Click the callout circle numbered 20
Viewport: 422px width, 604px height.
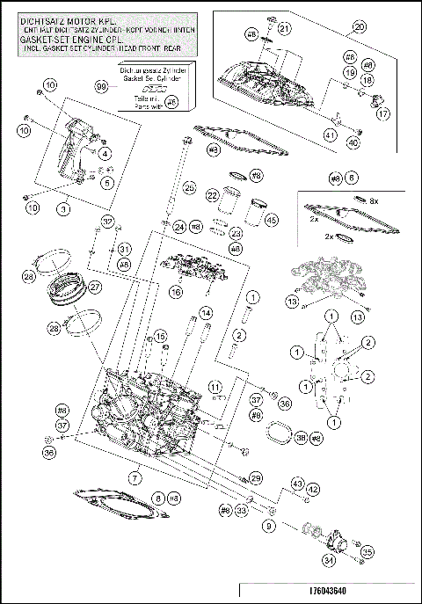point(358,27)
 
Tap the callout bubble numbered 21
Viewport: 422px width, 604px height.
point(284,30)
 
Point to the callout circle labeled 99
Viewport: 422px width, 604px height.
point(100,85)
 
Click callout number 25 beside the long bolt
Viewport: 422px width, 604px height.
point(188,188)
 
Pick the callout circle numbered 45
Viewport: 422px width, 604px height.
point(271,220)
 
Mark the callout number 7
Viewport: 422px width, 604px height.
point(135,477)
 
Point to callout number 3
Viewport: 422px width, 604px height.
point(63,209)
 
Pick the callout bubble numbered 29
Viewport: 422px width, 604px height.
point(256,477)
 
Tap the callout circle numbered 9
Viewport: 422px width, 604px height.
point(269,526)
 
